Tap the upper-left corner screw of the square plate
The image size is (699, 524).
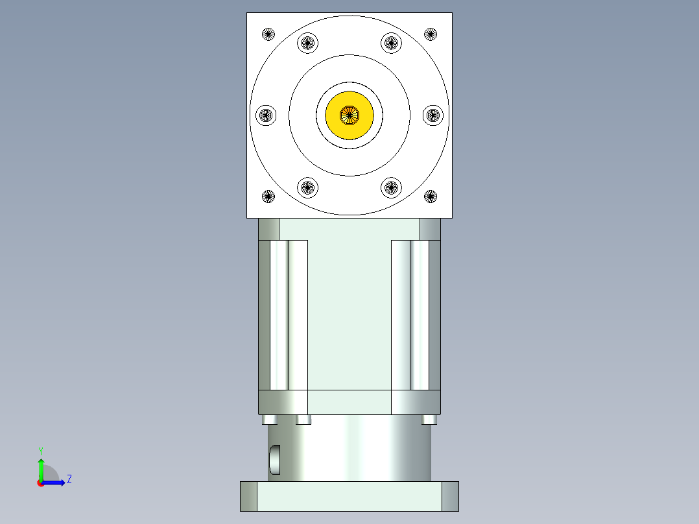tap(268, 34)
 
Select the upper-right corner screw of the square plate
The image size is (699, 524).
tap(431, 34)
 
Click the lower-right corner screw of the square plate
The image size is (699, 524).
tap(431, 196)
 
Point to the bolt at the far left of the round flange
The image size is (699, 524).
tap(266, 115)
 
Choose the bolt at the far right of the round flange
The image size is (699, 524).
tap(432, 115)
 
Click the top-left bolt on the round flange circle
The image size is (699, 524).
tap(308, 43)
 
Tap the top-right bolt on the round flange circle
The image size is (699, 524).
tap(390, 43)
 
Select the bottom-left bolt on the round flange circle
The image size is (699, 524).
tap(308, 187)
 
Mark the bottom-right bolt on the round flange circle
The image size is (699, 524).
tap(390, 187)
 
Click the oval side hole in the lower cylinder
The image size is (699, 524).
tap(275, 459)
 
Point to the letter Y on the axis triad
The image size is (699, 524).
tap(40, 450)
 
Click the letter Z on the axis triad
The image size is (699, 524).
tap(69, 479)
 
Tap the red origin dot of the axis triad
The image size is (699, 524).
tap(40, 483)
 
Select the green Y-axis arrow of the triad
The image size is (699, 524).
tap(40, 468)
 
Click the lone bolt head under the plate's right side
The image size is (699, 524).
tap(429, 420)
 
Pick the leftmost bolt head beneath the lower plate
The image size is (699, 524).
tap(270, 420)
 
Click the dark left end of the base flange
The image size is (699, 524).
tap(248, 496)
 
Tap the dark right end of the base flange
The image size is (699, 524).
tap(450, 496)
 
